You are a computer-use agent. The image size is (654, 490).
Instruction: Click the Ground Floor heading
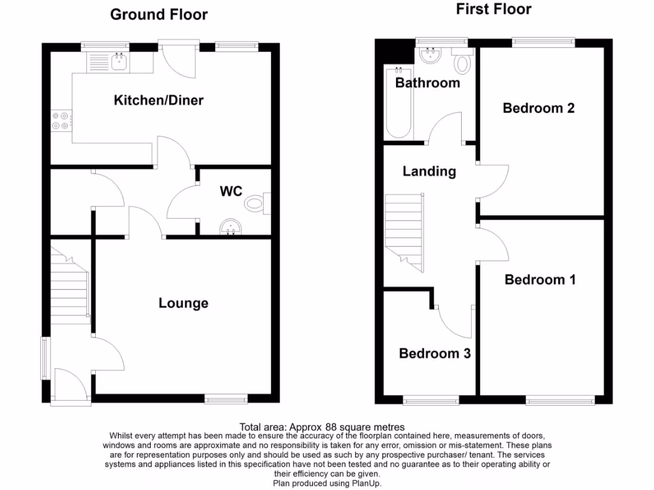pos(159,15)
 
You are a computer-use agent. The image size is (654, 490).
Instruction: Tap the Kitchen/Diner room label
pos(158,100)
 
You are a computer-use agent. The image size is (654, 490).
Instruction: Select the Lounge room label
pos(183,303)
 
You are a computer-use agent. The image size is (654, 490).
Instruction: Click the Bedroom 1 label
pos(540,279)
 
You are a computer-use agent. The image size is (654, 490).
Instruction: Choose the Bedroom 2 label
pos(538,108)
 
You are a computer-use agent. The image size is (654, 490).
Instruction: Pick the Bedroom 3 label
pos(434,353)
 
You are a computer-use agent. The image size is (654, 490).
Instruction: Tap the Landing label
pos(429,171)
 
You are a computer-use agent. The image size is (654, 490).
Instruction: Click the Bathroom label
pos(427,83)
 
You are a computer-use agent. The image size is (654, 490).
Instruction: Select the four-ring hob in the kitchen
pos(61,121)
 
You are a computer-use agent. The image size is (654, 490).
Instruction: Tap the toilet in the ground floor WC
pos(255,204)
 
